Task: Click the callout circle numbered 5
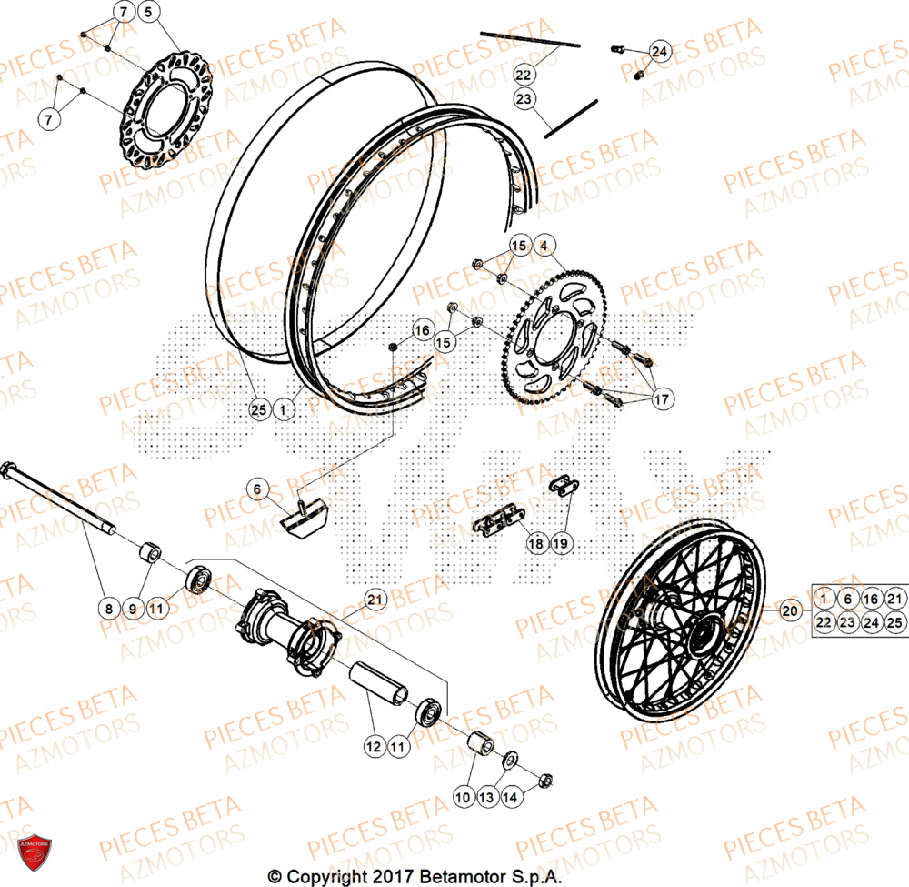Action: tap(149, 12)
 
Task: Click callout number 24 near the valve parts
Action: tap(659, 53)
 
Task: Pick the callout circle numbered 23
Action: tap(524, 98)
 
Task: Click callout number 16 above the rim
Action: tap(423, 330)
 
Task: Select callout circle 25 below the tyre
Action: tap(259, 411)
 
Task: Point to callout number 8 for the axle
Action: tap(108, 607)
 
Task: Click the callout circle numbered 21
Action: tap(375, 599)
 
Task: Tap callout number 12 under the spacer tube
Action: tap(374, 746)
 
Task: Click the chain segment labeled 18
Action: tap(495, 525)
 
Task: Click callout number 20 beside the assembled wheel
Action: tap(788, 610)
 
